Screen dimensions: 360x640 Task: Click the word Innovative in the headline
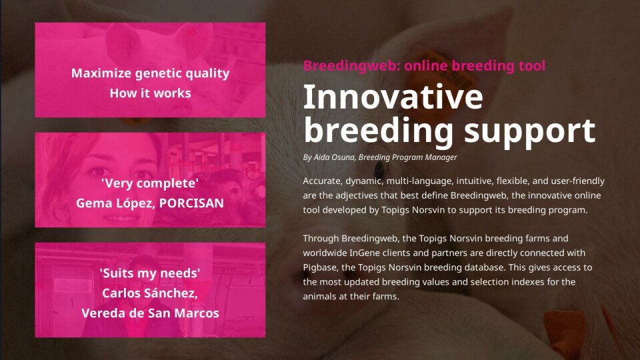point(393,97)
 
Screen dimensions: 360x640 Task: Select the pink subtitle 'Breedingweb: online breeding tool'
point(424,65)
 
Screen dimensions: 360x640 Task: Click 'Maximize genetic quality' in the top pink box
point(150,73)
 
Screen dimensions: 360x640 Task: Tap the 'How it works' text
point(150,93)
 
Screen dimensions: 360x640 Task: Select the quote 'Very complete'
point(150,183)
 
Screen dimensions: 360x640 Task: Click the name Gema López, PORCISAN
point(150,203)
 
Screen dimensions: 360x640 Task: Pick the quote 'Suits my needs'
point(150,273)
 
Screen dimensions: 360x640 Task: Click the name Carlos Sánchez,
point(150,293)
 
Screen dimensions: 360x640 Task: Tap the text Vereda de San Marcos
point(150,313)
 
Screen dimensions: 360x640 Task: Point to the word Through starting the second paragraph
point(321,238)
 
